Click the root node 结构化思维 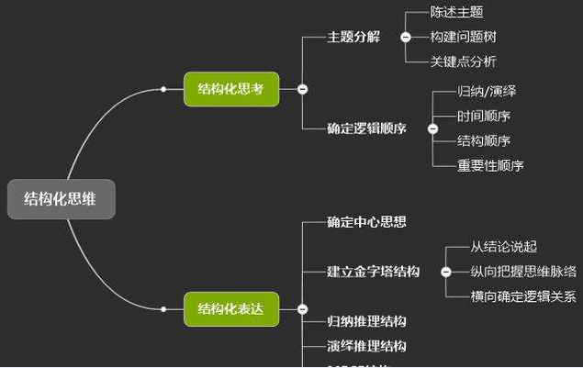click(62, 199)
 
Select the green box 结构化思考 click(230, 89)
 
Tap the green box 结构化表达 click(230, 309)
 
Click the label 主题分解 click(353, 38)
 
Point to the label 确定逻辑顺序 click(366, 128)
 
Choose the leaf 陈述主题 click(456, 13)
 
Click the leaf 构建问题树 click(463, 37)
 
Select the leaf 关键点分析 click(463, 61)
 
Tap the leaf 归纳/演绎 click(487, 92)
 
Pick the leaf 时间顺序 click(484, 117)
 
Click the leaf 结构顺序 click(484, 141)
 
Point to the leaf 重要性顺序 click(490, 166)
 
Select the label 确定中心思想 click(366, 221)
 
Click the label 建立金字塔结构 click(373, 272)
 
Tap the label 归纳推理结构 click(366, 321)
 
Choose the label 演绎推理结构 click(366, 346)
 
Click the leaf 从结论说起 click(503, 247)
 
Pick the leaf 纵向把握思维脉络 click(523, 272)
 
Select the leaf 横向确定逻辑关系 click(523, 296)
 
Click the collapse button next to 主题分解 click(405, 38)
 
